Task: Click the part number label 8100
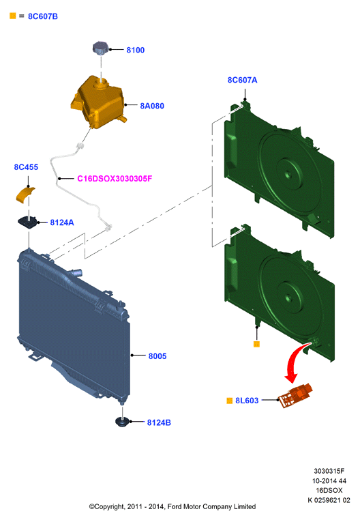tap(135, 50)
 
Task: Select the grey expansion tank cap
tap(100, 48)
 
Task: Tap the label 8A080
tap(152, 106)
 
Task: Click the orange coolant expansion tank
tap(97, 102)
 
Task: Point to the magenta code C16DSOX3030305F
tap(115, 179)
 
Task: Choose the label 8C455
tap(26, 167)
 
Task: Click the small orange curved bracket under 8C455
tap(25, 195)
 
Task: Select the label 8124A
tap(62, 222)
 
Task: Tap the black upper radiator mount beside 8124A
tap(27, 222)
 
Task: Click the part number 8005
tap(157, 356)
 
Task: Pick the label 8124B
tap(159, 422)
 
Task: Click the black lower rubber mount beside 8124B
tap(122, 422)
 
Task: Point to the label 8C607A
tap(242, 80)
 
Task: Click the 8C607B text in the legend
tap(43, 16)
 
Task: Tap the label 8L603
tap(247, 401)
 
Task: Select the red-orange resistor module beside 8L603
tap(295, 395)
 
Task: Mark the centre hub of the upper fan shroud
tap(288, 174)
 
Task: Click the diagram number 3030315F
tap(329, 471)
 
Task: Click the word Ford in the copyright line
tap(175, 507)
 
